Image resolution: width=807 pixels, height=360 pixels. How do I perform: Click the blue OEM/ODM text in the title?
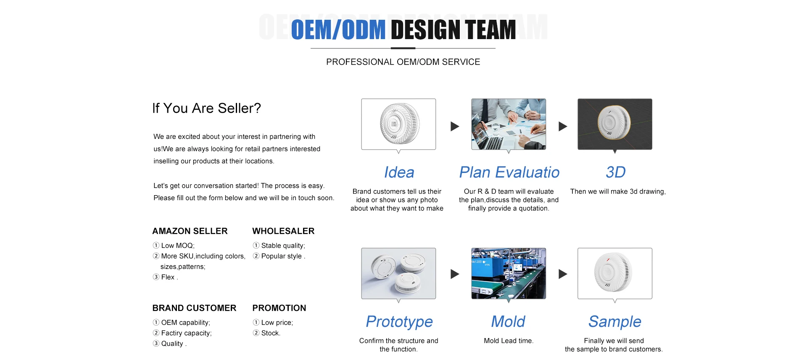(x=338, y=30)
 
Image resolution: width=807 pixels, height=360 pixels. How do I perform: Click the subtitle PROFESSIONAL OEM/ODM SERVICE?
(x=403, y=62)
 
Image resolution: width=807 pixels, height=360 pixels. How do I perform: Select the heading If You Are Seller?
(x=206, y=108)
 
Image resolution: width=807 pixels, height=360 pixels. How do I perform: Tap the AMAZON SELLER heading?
(x=190, y=231)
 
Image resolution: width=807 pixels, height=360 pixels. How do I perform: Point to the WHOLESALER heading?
(x=283, y=231)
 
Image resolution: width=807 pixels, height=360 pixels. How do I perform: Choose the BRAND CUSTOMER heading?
(x=194, y=308)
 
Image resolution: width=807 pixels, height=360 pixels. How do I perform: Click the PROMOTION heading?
(x=279, y=308)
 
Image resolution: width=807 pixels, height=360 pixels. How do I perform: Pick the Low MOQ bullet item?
(x=174, y=246)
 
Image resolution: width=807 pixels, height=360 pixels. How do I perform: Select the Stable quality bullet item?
(x=279, y=246)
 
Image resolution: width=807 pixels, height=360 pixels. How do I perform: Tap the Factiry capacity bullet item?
(x=182, y=333)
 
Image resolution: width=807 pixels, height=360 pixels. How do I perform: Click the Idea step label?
(x=399, y=172)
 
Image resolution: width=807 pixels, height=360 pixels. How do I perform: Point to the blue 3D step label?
(x=615, y=172)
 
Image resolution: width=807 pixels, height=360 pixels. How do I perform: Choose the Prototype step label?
(x=399, y=322)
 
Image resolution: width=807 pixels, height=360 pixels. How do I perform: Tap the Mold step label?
(x=508, y=322)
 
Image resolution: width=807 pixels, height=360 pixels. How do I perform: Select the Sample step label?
(x=614, y=322)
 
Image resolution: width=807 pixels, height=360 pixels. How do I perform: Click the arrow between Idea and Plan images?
(x=455, y=126)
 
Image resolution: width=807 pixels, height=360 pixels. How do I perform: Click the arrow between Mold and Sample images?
(x=563, y=274)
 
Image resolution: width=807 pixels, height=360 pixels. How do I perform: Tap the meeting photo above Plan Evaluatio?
(x=509, y=124)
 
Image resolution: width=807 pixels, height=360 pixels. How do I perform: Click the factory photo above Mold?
(x=509, y=273)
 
